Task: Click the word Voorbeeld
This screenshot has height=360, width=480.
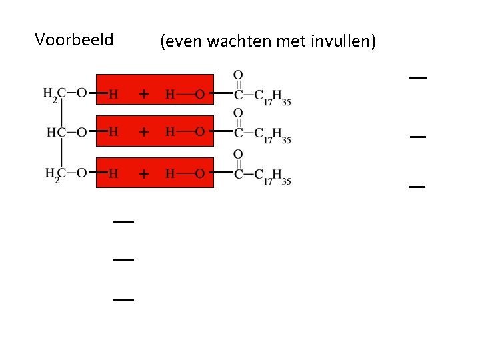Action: click(74, 39)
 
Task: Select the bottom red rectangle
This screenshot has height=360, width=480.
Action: click(155, 173)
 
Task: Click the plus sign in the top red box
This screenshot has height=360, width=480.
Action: click(143, 94)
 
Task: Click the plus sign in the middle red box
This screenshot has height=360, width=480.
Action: click(143, 133)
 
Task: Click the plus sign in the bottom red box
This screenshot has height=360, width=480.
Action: click(143, 174)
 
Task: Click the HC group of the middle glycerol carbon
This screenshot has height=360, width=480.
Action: click(55, 132)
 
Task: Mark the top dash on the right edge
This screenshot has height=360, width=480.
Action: click(417, 78)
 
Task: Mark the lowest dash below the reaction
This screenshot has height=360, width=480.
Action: click(123, 300)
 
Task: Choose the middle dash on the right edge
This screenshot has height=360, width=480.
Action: click(417, 137)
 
